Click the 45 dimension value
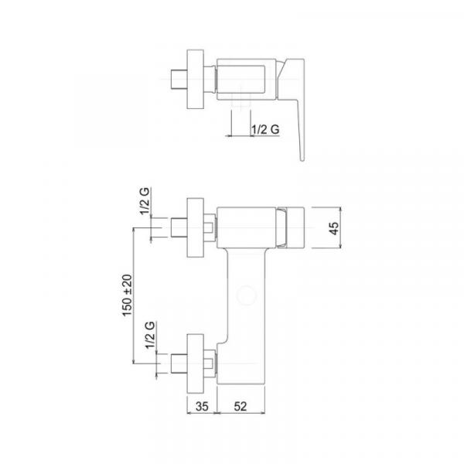(x=334, y=228)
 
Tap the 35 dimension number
(x=202, y=406)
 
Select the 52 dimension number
(x=241, y=406)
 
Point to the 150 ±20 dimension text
(x=128, y=295)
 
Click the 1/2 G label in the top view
(x=265, y=129)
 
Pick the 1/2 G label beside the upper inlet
(x=145, y=201)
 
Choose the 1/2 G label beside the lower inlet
(x=150, y=336)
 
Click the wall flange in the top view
(x=196, y=80)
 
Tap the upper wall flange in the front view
(x=196, y=227)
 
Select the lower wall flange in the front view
(x=196, y=363)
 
